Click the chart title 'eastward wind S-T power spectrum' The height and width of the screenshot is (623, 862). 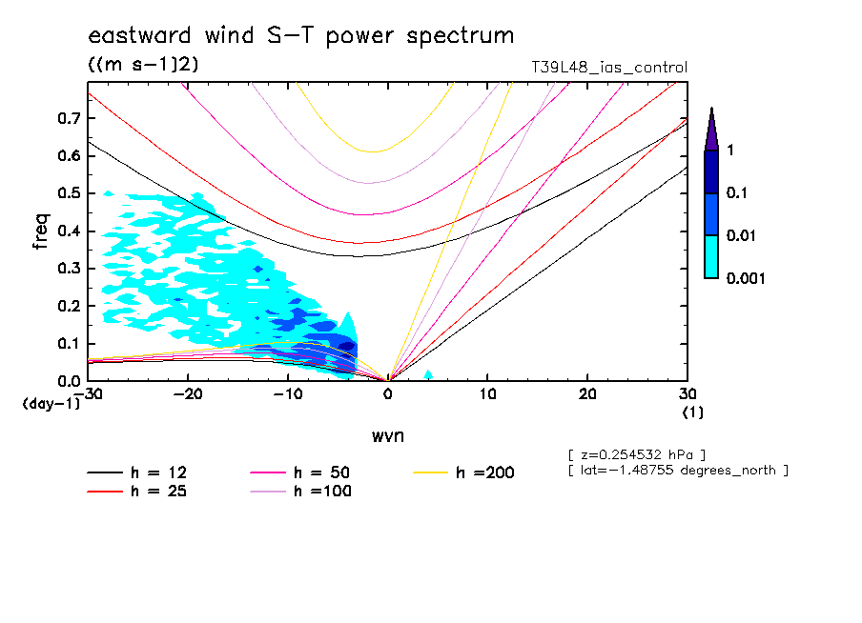[301, 36]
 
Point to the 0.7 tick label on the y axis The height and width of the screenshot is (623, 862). [70, 118]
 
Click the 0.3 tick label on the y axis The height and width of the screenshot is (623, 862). [70, 269]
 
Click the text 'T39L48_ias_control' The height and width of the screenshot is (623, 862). [608, 68]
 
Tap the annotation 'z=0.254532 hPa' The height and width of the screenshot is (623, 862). [637, 453]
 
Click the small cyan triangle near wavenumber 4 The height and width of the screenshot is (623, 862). [428, 374]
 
